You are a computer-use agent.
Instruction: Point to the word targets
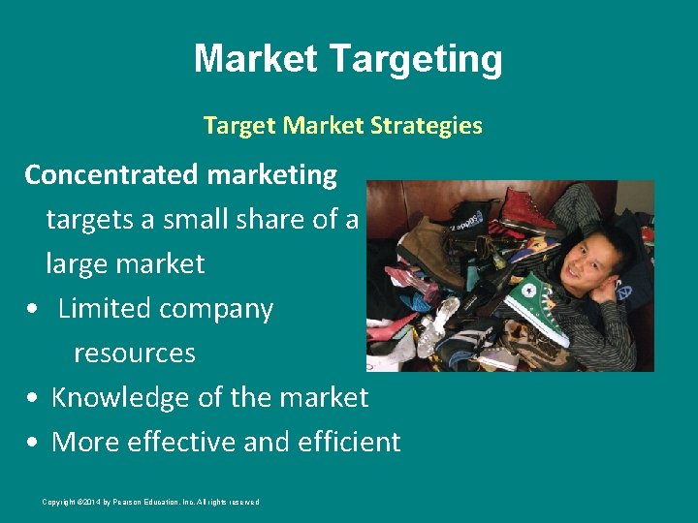tap(89, 220)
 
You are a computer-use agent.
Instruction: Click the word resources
tap(135, 353)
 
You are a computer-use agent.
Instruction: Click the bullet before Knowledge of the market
tap(34, 398)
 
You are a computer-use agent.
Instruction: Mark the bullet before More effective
tap(34, 443)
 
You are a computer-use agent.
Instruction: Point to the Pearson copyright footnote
tap(150, 502)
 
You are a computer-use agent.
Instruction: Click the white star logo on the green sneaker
tap(529, 290)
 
